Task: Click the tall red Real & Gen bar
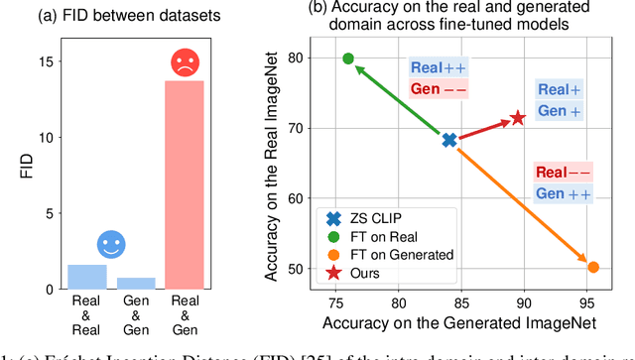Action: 184,184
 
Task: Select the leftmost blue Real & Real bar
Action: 86,277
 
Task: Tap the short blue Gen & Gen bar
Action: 135,283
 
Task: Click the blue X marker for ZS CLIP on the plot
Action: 449,141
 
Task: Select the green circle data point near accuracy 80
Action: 348,59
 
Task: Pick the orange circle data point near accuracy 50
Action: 593,266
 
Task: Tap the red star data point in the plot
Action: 517,119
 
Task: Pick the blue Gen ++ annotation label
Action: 564,194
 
